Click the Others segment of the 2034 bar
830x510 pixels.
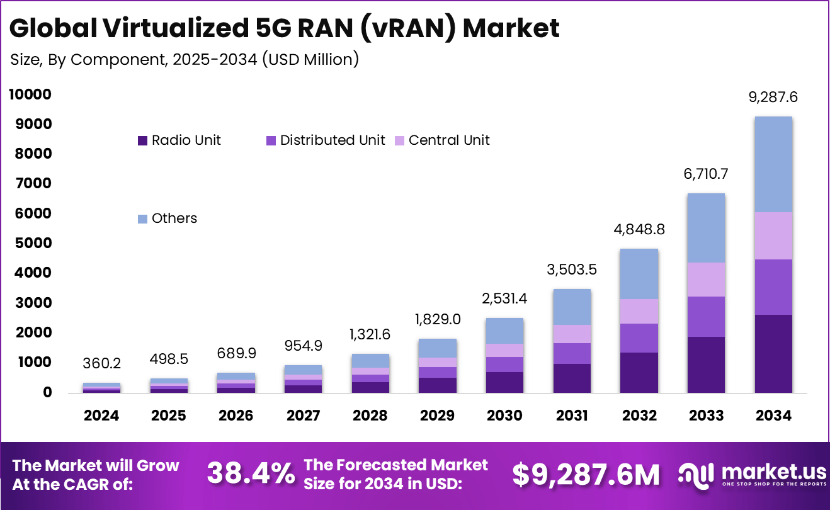(773, 164)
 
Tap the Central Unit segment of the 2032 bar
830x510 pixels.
(639, 311)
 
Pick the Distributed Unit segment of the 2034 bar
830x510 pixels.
(773, 286)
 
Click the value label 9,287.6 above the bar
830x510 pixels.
(773, 97)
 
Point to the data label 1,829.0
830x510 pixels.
(437, 319)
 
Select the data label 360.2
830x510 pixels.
(101, 364)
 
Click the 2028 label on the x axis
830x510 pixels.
(370, 416)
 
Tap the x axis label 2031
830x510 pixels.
(572, 416)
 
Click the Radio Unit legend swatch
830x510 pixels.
(142, 140)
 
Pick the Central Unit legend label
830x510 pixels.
(449, 140)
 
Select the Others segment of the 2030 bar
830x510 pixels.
(504, 331)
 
